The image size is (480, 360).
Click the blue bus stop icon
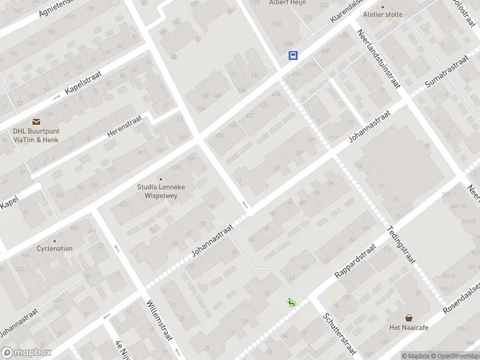[293, 56]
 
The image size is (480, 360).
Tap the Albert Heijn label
[287, 3]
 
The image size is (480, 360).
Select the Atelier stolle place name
[383, 14]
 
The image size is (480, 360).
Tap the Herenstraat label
[123, 127]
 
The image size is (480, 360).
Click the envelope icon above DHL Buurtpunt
[37, 121]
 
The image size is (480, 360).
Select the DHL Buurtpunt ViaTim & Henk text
[37, 135]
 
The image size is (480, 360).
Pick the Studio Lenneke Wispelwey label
[161, 191]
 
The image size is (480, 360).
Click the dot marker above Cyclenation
[55, 241]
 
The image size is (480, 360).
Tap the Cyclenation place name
[55, 248]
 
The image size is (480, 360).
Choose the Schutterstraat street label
[339, 334]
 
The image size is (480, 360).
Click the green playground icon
[292, 302]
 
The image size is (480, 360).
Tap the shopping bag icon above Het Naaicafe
[409, 318]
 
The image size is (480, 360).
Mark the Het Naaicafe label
[409, 327]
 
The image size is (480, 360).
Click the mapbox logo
[26, 353]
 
